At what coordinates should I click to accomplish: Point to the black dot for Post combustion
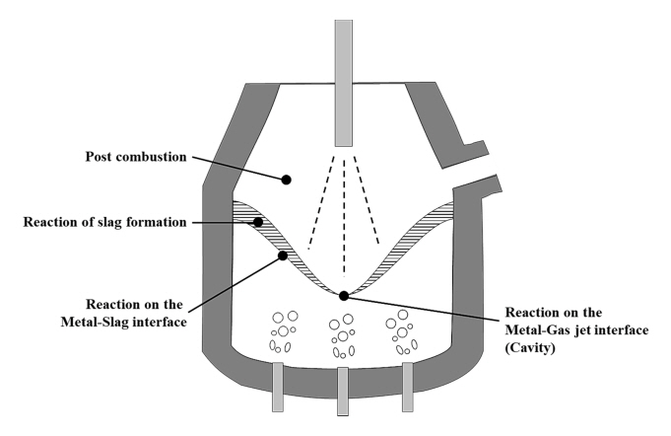287,180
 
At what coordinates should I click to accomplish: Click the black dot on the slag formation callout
258,222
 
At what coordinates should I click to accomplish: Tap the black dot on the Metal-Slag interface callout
284,255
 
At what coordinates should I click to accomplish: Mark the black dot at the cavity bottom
343,295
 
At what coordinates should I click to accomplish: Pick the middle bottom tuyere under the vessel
343,390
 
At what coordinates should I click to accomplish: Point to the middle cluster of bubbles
344,333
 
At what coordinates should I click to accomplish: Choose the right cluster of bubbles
401,331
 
